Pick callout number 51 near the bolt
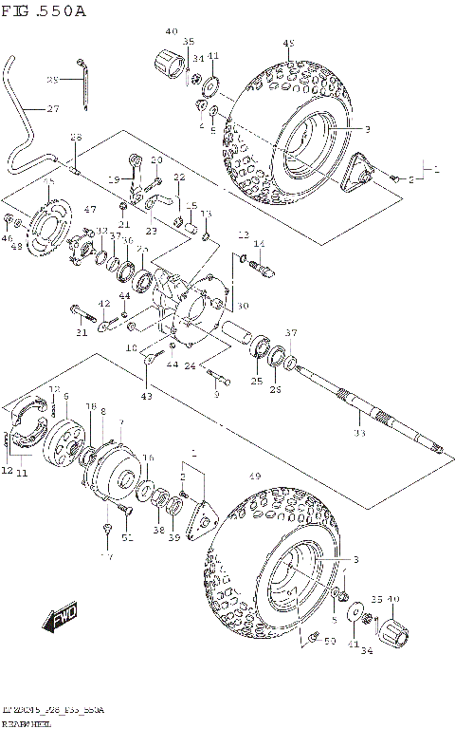point(127,538)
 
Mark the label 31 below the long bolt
point(81,332)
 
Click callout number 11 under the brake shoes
point(21,472)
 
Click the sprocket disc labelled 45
point(45,228)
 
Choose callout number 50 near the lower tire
point(330,643)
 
